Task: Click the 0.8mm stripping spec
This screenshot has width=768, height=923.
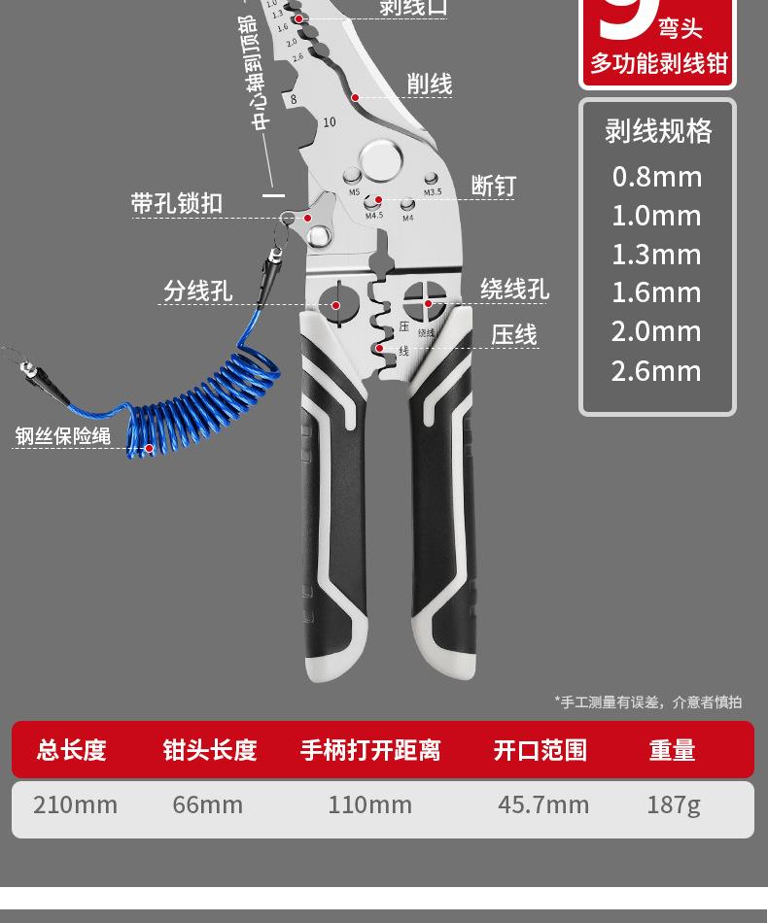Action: (x=656, y=177)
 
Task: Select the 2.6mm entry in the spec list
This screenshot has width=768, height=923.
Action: (x=656, y=370)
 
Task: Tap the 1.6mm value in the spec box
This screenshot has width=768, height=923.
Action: (x=656, y=292)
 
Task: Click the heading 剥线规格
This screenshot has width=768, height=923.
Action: (x=658, y=130)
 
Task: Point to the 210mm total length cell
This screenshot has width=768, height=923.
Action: (x=75, y=804)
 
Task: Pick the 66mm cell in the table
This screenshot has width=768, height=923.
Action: (x=207, y=804)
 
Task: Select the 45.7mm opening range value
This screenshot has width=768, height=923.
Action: (x=543, y=804)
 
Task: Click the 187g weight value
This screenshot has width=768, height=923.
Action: (x=673, y=804)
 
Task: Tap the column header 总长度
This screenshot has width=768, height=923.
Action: (x=71, y=750)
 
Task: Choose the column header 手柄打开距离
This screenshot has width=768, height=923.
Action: (x=370, y=750)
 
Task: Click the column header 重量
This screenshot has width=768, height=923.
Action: (x=672, y=750)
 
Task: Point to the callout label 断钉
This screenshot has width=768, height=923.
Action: (x=493, y=186)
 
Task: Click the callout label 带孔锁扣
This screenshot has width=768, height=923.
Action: (x=177, y=203)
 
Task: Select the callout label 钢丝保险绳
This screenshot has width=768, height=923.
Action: (x=63, y=436)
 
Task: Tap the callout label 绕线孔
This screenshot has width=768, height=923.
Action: (x=514, y=290)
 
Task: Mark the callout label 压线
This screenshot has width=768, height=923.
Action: (x=513, y=335)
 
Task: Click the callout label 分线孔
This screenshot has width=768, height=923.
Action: (x=197, y=291)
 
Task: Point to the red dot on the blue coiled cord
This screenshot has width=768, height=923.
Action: (x=149, y=449)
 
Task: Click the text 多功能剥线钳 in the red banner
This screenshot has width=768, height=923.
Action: (x=658, y=64)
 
